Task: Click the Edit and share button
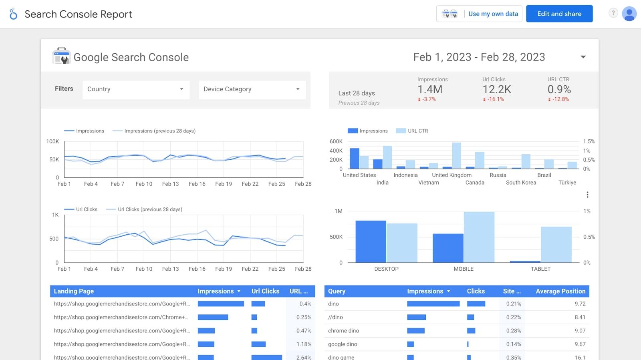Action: pos(559,14)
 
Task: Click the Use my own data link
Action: pos(493,14)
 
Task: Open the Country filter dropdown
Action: pos(136,89)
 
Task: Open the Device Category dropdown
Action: pos(252,89)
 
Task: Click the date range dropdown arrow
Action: pos(583,57)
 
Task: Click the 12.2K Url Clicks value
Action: pos(496,89)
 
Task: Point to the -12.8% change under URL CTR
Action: pos(560,99)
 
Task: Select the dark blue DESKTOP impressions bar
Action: pos(371,241)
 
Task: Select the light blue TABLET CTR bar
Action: pos(556,244)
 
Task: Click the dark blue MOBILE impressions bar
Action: pos(447,248)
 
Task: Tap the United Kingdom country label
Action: pos(452,175)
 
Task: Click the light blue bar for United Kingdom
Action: pos(456,156)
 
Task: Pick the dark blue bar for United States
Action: pos(354,159)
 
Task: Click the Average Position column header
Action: pos(560,291)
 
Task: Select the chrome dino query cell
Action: pos(343,331)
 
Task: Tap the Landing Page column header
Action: pos(74,291)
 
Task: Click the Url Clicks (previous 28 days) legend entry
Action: pos(149,209)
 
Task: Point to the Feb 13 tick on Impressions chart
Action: pos(170,184)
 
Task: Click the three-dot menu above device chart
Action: pos(587,195)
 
